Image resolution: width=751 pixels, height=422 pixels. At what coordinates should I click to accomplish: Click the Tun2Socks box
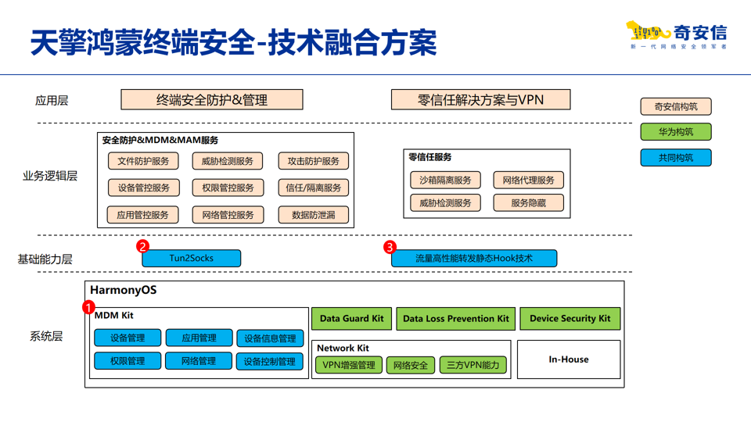[x=191, y=258]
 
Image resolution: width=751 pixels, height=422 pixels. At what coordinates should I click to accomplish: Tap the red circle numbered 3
[x=390, y=247]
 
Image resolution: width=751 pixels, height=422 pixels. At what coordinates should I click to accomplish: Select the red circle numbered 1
[x=88, y=308]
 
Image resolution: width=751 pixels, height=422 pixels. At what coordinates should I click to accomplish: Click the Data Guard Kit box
[x=351, y=318]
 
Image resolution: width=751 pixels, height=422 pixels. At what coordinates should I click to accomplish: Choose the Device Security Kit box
[x=570, y=318]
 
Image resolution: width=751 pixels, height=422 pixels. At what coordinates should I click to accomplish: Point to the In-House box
[x=569, y=359]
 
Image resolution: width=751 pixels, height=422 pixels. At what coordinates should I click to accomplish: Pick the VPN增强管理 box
[x=348, y=365]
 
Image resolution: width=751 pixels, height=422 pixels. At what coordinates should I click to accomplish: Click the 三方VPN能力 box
[x=473, y=365]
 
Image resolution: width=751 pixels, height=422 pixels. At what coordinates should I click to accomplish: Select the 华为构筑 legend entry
[x=675, y=131]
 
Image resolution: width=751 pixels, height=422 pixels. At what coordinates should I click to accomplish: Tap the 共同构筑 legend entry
[x=675, y=157]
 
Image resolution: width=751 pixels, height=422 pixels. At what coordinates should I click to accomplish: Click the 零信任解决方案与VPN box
[x=480, y=100]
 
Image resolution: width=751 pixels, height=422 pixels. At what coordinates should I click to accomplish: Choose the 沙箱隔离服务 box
[x=445, y=181]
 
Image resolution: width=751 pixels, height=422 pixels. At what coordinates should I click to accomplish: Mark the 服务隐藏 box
[x=528, y=203]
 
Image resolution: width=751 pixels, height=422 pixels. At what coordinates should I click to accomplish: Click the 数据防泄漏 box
[x=313, y=215]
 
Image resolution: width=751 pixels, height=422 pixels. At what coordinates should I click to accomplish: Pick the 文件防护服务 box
[x=143, y=162]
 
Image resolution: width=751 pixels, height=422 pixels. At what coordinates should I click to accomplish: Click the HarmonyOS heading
[x=123, y=290]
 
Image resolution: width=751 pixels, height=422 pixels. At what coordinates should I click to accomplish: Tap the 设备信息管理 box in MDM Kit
[x=270, y=338]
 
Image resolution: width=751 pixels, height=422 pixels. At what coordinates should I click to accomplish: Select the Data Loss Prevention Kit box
[x=455, y=318]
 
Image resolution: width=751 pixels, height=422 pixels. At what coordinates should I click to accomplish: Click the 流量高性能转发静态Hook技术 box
[x=474, y=258]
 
